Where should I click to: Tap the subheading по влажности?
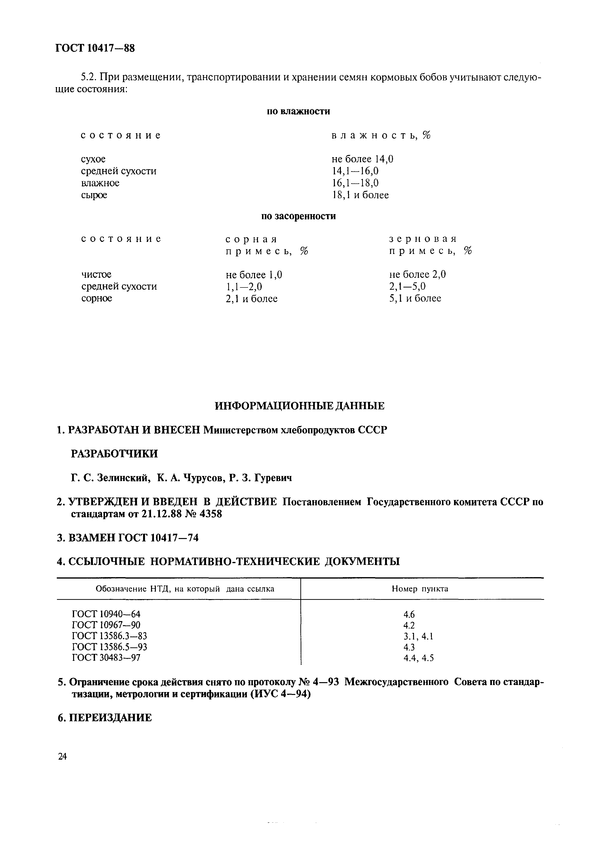pyautogui.click(x=298, y=111)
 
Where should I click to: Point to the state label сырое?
pyautogui.click(x=94, y=195)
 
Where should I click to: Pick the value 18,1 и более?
pyautogui.click(x=360, y=195)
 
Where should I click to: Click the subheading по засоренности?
pyautogui.click(x=298, y=216)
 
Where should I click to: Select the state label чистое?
pyautogui.click(x=96, y=275)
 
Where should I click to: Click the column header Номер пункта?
pyautogui.click(x=420, y=589)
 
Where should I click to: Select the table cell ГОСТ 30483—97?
pyautogui.click(x=106, y=658)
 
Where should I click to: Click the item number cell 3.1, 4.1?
pyautogui.click(x=418, y=636)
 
